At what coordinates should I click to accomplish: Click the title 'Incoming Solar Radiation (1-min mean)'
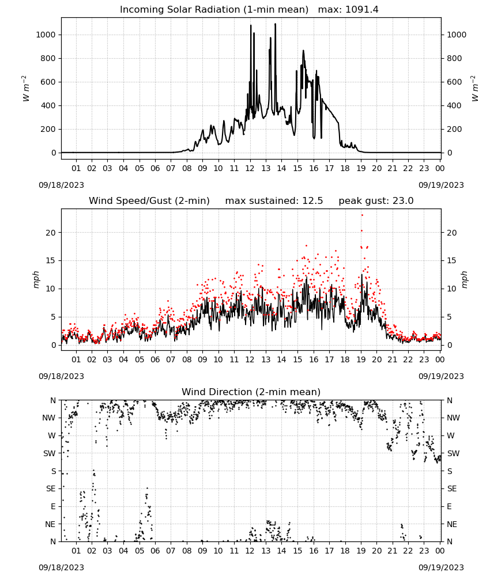pyautogui.click(x=214, y=10)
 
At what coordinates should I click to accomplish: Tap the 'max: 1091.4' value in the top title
pyautogui.click(x=348, y=10)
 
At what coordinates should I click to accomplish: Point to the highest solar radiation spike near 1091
pyautogui.click(x=275, y=24)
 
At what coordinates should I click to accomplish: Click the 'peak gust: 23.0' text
pyautogui.click(x=376, y=201)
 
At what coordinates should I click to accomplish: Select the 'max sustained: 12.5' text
pyautogui.click(x=274, y=201)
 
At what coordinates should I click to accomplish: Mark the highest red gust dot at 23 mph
pyautogui.click(x=362, y=215)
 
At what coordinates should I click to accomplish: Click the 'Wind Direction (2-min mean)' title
pyautogui.click(x=251, y=392)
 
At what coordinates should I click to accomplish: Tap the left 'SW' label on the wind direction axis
pyautogui.click(x=50, y=453)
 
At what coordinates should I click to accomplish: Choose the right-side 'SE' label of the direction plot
pyautogui.click(x=452, y=488)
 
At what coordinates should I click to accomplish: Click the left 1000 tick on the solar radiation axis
pyautogui.click(x=46, y=35)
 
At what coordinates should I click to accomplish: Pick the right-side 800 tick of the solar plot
pyautogui.click(x=454, y=58)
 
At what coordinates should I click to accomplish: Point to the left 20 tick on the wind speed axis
pyautogui.click(x=51, y=233)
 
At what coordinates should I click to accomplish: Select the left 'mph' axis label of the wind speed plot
pyautogui.click(x=36, y=279)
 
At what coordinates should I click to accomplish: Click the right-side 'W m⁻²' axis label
pyautogui.click(x=475, y=89)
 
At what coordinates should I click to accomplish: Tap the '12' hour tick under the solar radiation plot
pyautogui.click(x=250, y=168)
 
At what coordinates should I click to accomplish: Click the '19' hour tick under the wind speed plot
pyautogui.click(x=361, y=359)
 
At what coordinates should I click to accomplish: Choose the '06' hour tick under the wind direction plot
pyautogui.click(x=155, y=551)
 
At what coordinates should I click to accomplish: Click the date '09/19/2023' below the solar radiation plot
pyautogui.click(x=441, y=185)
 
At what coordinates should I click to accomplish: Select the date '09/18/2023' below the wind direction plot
pyautogui.click(x=61, y=567)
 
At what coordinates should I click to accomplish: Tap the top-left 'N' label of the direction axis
pyautogui.click(x=53, y=400)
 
